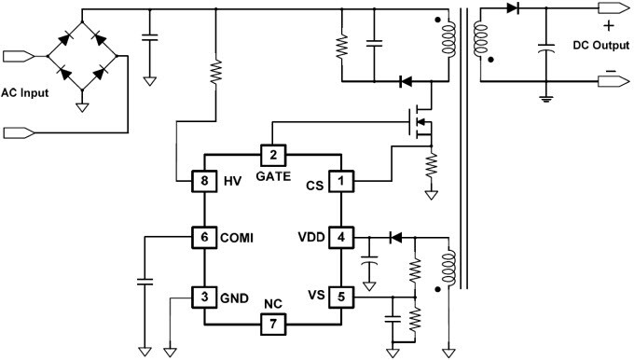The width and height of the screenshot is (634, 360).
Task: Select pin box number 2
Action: pyautogui.click(x=272, y=155)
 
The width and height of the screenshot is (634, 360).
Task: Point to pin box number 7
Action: pyautogui.click(x=272, y=324)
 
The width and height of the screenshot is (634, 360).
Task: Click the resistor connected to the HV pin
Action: pyautogui.click(x=216, y=72)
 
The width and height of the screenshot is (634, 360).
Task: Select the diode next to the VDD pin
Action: pyautogui.click(x=393, y=236)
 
